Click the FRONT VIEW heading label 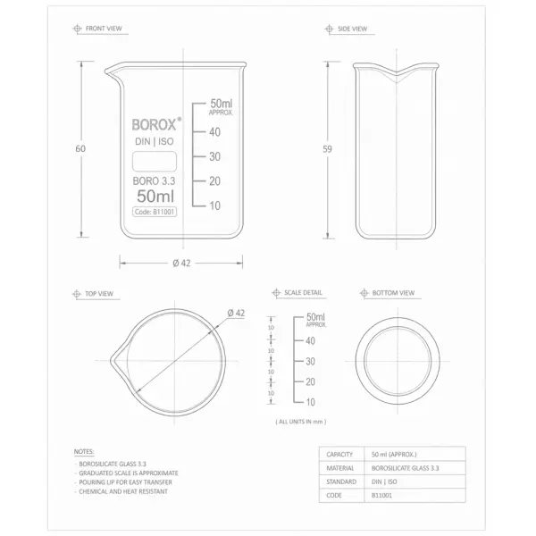pos(104,29)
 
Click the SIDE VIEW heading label pos(352,29)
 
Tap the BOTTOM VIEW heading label pos(393,293)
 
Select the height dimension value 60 pos(80,149)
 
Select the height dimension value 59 pos(327,149)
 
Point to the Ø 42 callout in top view pos(236,313)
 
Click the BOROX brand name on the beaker pos(156,124)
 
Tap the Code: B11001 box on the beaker pos(155,213)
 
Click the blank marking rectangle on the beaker pos(155,162)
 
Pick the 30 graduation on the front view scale pos(214,156)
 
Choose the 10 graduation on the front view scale pos(214,205)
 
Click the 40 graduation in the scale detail pos(311,340)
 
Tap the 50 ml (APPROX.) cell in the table pos(391,453)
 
